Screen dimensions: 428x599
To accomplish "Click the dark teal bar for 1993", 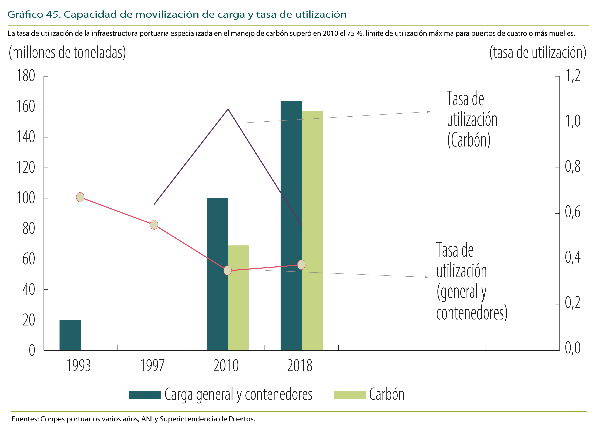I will [x=70, y=335].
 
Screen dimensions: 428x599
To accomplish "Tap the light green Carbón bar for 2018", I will [x=312, y=231].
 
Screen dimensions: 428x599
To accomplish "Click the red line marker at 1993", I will [x=80, y=197].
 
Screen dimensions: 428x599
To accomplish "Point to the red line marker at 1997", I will [x=154, y=225].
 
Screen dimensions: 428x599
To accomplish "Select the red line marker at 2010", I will [x=228, y=270].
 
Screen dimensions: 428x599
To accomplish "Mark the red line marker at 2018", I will [x=301, y=265].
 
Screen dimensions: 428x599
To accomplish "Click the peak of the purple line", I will [x=228, y=109].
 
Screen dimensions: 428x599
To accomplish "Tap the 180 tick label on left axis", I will [x=26, y=76].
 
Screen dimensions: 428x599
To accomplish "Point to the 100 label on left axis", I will [x=26, y=198].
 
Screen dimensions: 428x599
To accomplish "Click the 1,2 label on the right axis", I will [x=573, y=76].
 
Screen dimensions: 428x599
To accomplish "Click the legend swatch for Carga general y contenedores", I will [x=145, y=395].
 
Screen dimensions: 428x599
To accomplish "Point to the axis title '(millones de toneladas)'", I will [x=67, y=53].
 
